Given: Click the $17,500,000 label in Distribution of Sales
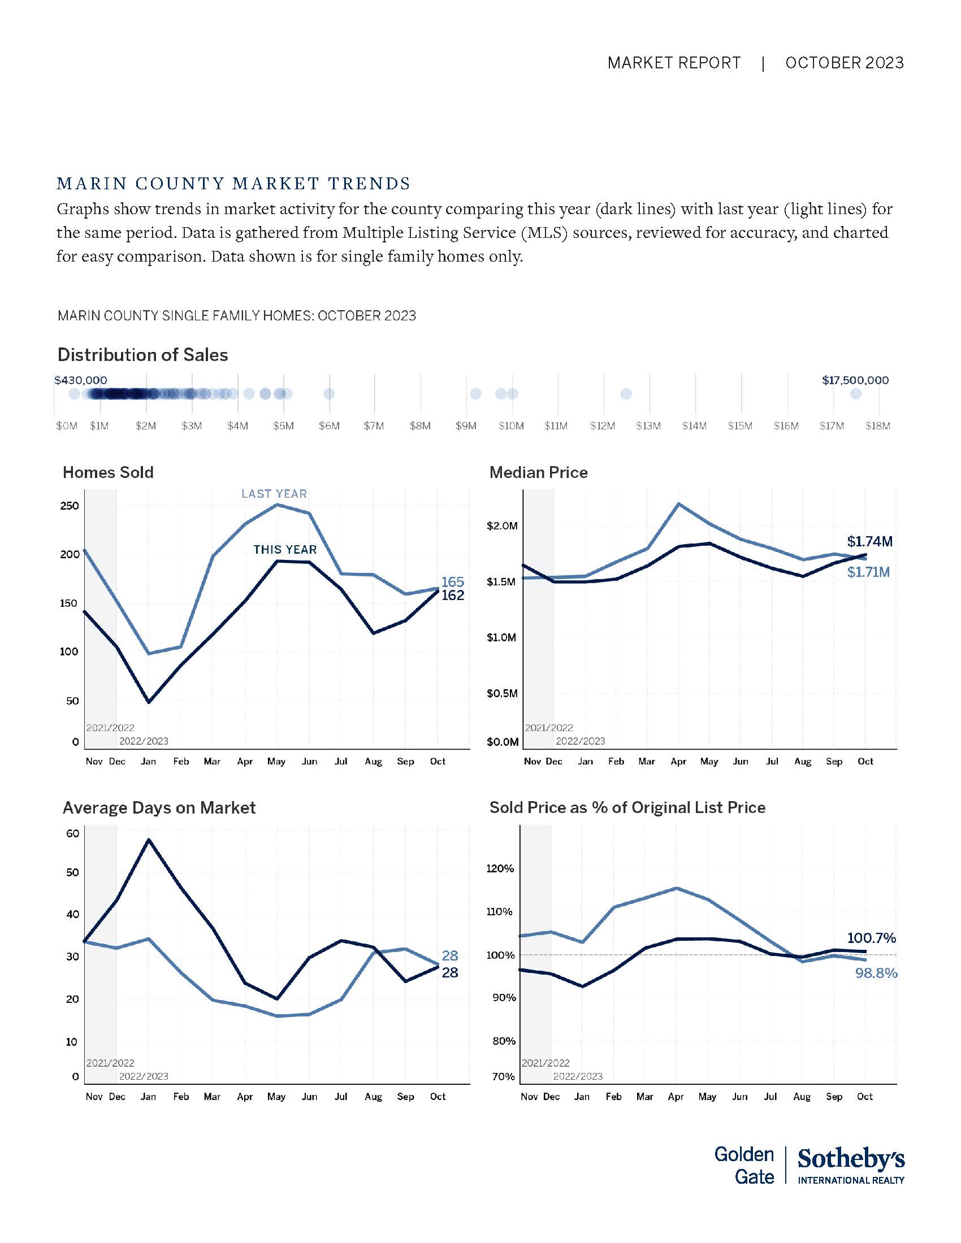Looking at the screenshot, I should pyautogui.click(x=855, y=380).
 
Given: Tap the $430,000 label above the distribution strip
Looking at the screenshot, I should pyautogui.click(x=80, y=380).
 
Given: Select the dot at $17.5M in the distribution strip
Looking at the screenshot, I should pyautogui.click(x=856, y=394).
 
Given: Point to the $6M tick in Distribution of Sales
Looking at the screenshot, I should pyautogui.click(x=329, y=425).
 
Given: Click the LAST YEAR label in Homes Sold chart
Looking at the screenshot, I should pyautogui.click(x=274, y=494).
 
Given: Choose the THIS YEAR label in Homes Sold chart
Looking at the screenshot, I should pyautogui.click(x=285, y=550).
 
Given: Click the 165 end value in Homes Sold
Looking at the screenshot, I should pyautogui.click(x=453, y=581).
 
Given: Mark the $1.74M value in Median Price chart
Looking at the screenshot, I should pyautogui.click(x=869, y=541).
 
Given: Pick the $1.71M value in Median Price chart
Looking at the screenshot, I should pyautogui.click(x=868, y=572).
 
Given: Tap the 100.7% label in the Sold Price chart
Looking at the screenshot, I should pyautogui.click(x=871, y=938).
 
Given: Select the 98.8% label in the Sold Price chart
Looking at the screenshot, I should pyautogui.click(x=876, y=973).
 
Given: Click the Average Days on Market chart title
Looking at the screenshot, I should pyautogui.click(x=159, y=807).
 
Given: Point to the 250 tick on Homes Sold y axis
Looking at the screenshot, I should pyautogui.click(x=70, y=506).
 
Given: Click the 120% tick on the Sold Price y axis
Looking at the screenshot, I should pyautogui.click(x=500, y=868).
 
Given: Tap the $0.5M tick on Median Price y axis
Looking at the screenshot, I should pyautogui.click(x=502, y=693).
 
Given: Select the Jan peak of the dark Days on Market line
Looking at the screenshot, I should pyautogui.click(x=149, y=840).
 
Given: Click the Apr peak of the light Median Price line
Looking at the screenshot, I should pyautogui.click(x=678, y=503).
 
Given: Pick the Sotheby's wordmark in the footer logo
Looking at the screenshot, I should pyautogui.click(x=851, y=1159).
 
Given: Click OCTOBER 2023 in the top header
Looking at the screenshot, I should pyautogui.click(x=845, y=63).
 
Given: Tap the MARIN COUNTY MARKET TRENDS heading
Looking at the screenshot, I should pyautogui.click(x=233, y=184).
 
